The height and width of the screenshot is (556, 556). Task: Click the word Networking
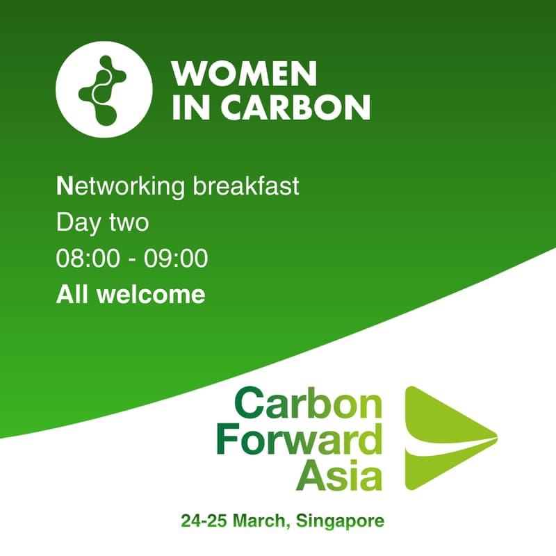pyautogui.click(x=111, y=187)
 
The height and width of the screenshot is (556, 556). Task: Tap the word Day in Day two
pyautogui.click(x=76, y=223)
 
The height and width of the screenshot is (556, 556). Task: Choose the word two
pyautogui.click(x=129, y=223)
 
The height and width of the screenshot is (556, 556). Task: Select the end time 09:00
pyautogui.click(x=176, y=259)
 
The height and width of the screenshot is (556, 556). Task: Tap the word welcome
pyautogui.click(x=151, y=295)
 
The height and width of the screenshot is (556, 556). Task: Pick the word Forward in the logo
pyautogui.click(x=299, y=441)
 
